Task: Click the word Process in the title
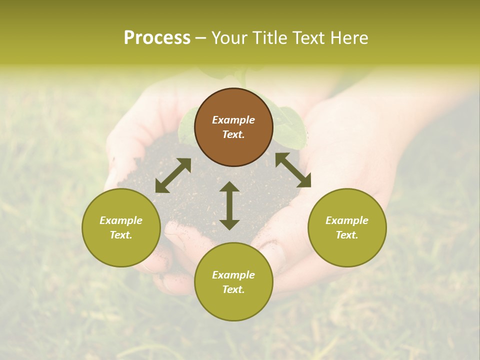[x=157, y=38]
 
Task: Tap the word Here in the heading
[x=349, y=38]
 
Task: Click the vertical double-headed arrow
[x=229, y=205]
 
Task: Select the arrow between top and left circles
[x=173, y=175]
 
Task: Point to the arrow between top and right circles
[x=293, y=169]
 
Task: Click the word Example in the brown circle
[x=233, y=120]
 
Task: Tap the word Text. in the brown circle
[x=233, y=134]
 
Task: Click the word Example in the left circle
[x=121, y=220]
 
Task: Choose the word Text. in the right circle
[x=347, y=235]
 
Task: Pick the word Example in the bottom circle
[x=233, y=275]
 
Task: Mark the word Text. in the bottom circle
[x=233, y=289]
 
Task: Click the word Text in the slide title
[x=309, y=38]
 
